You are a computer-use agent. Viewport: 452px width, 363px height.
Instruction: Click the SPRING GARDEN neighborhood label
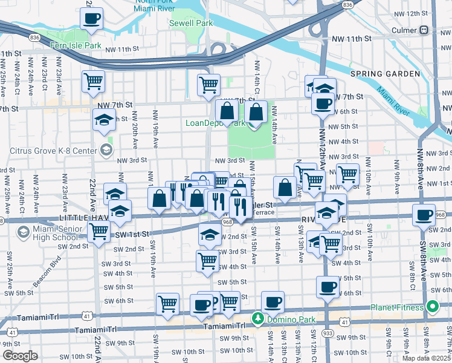point(384,73)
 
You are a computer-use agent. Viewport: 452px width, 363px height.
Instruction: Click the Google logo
point(21,356)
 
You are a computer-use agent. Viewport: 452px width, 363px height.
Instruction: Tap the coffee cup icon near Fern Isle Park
point(91,19)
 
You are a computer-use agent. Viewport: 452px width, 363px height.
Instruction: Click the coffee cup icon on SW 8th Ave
point(424,215)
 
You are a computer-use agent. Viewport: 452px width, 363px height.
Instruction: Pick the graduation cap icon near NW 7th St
point(104,119)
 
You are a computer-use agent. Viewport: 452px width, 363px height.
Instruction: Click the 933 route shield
point(327,350)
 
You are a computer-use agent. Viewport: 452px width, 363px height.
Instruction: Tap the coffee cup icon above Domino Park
point(273,301)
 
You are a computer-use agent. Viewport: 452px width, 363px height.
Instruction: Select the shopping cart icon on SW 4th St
point(207,261)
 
